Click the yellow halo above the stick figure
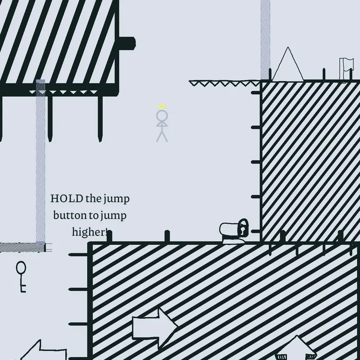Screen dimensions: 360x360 pos(162,107)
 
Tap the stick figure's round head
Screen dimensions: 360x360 pos(162,115)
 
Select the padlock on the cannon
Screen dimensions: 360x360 pos(243,228)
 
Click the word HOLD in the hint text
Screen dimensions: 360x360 pos(67,198)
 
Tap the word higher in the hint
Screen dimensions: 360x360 pos(88,232)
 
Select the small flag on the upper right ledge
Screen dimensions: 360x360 pos(346,69)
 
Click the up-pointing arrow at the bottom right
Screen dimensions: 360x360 pos(296,348)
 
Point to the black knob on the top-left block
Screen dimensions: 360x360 pos(127,43)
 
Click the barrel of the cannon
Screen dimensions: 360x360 pos(229,229)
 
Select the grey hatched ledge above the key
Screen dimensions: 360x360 pos(22,247)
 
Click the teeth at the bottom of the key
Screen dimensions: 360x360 pos(23,288)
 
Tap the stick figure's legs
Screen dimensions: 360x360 pos(162,136)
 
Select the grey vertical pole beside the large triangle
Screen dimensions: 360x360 pos(265,40)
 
